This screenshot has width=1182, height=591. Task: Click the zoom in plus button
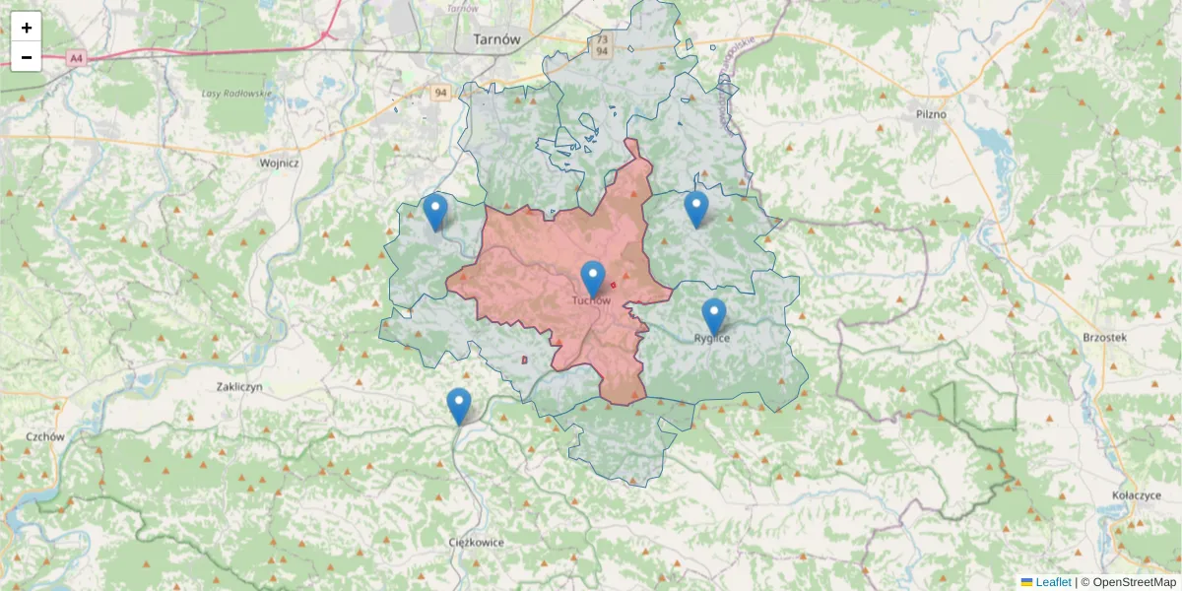pyautogui.click(x=27, y=28)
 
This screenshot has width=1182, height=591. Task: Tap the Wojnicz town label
pyautogui.click(x=279, y=164)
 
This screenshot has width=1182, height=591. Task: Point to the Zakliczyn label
pyautogui.click(x=239, y=387)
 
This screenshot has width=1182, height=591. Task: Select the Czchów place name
pyautogui.click(x=45, y=436)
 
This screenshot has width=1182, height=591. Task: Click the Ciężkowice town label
pyautogui.click(x=476, y=542)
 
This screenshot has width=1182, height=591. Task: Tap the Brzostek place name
pyautogui.click(x=1103, y=337)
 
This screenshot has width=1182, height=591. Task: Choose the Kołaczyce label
pyautogui.click(x=1134, y=495)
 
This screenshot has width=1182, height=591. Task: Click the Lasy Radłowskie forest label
pyautogui.click(x=237, y=94)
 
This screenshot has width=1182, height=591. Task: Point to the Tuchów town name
pyautogui.click(x=591, y=300)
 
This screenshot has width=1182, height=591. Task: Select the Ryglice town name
pyautogui.click(x=712, y=338)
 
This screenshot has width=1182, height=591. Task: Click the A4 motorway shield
pyautogui.click(x=76, y=59)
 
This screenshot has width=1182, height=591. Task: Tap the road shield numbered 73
pyautogui.click(x=600, y=38)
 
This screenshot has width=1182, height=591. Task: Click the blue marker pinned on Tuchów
pyautogui.click(x=592, y=278)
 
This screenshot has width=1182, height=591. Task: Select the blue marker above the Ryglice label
pyautogui.click(x=714, y=316)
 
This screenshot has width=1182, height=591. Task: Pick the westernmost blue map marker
pyautogui.click(x=435, y=211)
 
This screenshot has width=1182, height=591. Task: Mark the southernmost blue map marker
pyautogui.click(x=459, y=405)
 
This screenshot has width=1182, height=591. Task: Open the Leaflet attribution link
pyautogui.click(x=1052, y=582)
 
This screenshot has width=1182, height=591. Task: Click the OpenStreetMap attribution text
pyautogui.click(x=1134, y=582)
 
